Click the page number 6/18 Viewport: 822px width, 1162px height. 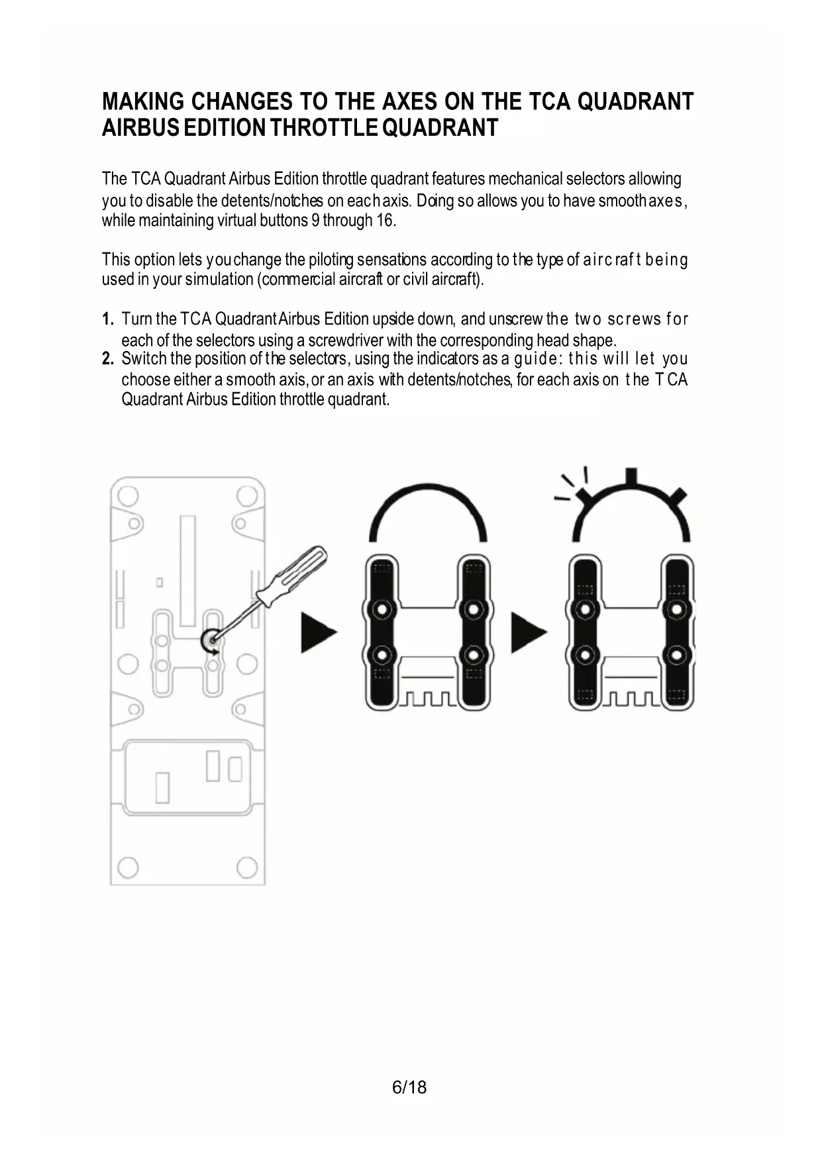pyautogui.click(x=409, y=1087)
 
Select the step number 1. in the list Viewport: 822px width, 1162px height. pyautogui.click(x=109, y=319)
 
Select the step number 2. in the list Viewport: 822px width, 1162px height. pyautogui.click(x=109, y=359)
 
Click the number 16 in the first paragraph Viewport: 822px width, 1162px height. pyautogui.click(x=385, y=221)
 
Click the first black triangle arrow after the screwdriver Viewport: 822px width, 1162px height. pyautogui.click(x=318, y=632)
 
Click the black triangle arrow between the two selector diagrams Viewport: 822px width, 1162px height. pyautogui.click(x=528, y=632)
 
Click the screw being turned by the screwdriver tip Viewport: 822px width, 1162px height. pyautogui.click(x=211, y=641)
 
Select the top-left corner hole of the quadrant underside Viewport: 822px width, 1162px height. pyautogui.click(x=128, y=496)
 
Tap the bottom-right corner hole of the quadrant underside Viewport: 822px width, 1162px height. pyautogui.click(x=246, y=866)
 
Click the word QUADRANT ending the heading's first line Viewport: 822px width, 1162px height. pyautogui.click(x=636, y=102)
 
